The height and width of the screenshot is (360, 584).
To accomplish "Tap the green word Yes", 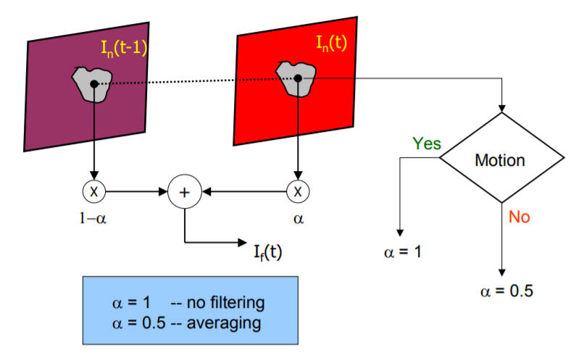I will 427,143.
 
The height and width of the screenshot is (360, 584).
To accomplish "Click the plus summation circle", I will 184,193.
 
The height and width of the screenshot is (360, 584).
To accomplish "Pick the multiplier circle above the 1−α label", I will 93,192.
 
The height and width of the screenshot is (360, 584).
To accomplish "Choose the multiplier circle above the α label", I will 297,192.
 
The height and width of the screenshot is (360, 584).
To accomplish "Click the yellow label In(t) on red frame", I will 330,43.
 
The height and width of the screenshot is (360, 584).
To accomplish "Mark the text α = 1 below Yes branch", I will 402,253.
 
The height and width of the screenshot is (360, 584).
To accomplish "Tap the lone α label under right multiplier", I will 298,217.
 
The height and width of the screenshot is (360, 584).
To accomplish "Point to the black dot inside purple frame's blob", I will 93,84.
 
